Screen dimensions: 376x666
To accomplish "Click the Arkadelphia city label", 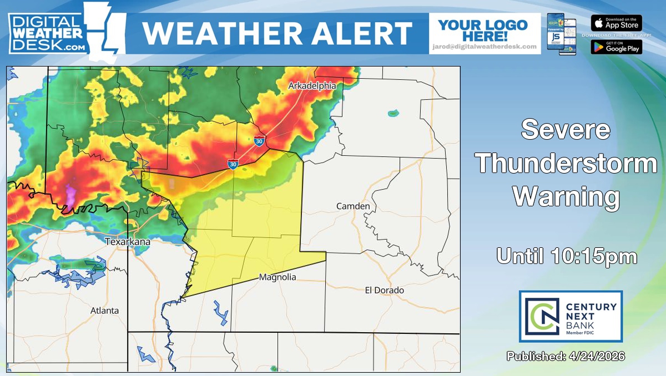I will tap(312, 86).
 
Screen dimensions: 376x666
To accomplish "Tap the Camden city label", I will tap(353, 206).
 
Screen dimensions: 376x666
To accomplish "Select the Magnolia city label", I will tap(277, 277).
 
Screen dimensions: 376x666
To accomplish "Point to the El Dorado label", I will tap(384, 290).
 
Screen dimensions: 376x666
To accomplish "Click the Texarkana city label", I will tap(128, 242).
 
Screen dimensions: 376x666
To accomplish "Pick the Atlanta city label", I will tap(104, 311).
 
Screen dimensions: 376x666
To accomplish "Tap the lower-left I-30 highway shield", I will tap(233, 164).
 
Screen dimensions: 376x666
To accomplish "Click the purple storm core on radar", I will tap(71, 194).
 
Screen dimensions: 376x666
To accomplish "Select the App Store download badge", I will tap(616, 23).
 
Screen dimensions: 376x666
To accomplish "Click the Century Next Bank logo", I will tap(571, 316).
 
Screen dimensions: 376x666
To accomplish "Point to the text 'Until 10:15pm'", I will tap(566, 256).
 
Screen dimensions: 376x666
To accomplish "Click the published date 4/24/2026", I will tap(566, 356).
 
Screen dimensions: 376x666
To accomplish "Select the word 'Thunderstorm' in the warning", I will tap(566, 164).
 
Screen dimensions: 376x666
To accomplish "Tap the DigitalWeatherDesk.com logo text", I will tap(47, 33).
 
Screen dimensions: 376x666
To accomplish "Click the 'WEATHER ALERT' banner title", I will tap(277, 33).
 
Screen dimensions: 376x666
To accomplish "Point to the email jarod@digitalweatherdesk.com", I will tap(485, 47).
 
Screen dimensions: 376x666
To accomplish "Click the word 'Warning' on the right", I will tap(566, 196).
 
